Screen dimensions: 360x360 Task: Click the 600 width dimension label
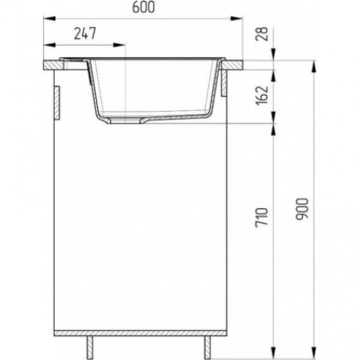tap(143, 7)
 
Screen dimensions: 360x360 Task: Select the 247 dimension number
tap(85, 34)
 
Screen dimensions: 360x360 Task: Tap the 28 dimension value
tap(262, 34)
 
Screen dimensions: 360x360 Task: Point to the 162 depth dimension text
tap(262, 95)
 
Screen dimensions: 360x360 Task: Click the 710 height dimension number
tap(262, 217)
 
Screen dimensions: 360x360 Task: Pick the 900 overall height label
tap(302, 209)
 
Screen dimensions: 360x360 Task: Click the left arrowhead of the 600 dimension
tap(49, 18)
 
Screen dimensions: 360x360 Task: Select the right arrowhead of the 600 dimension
tap(236, 18)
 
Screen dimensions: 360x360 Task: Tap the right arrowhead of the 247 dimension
tap(119, 45)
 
